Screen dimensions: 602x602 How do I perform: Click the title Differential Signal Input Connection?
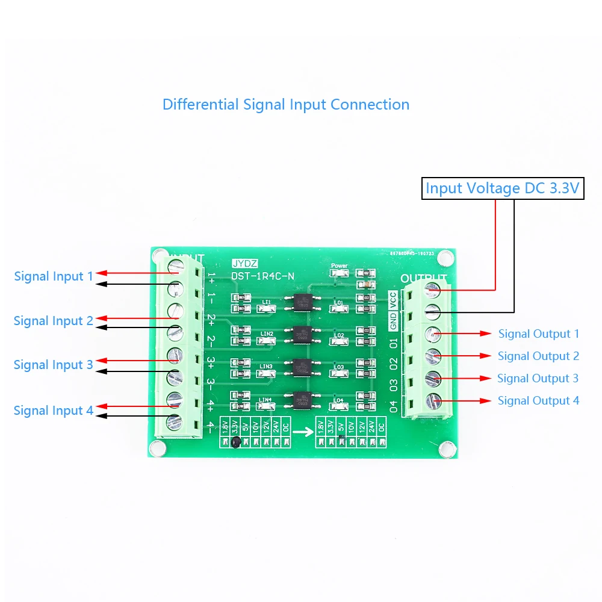click(286, 104)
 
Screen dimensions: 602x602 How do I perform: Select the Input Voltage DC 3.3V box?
click(503, 188)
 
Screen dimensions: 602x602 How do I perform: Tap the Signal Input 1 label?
click(54, 276)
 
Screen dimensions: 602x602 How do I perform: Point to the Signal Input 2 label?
click(54, 321)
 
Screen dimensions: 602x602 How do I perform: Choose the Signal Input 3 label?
click(54, 365)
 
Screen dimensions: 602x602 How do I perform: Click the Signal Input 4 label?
click(54, 411)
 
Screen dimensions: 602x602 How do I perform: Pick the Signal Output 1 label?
click(538, 334)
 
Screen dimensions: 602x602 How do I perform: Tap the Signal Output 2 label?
click(538, 356)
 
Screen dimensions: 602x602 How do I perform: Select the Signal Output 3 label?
click(538, 378)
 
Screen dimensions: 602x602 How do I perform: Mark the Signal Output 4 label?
click(538, 400)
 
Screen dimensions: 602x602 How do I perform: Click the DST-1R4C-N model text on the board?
click(263, 276)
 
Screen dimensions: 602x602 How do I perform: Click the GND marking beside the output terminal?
click(393, 321)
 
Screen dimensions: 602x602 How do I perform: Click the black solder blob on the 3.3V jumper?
click(236, 444)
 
